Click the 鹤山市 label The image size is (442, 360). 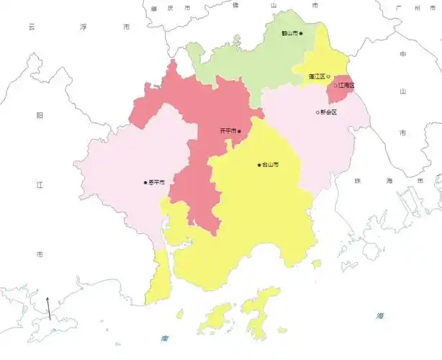[290, 33]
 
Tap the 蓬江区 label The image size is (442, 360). [317, 76]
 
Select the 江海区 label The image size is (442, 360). [346, 86]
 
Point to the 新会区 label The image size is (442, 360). [330, 112]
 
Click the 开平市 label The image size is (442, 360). [228, 130]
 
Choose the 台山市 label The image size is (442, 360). [271, 165]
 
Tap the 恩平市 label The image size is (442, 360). [156, 182]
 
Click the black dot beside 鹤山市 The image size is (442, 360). [301, 33]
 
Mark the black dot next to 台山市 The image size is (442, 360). [259, 165]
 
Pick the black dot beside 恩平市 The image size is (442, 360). [145, 182]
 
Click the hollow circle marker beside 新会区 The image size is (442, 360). [317, 112]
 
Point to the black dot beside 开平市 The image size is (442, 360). [240, 130]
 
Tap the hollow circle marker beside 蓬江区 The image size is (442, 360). [328, 76]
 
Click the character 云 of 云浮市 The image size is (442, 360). [32, 27]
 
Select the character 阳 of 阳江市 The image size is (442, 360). [40, 115]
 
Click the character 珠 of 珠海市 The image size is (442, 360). [357, 181]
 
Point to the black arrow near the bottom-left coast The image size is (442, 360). [49, 308]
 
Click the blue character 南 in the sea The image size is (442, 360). [165, 337]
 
